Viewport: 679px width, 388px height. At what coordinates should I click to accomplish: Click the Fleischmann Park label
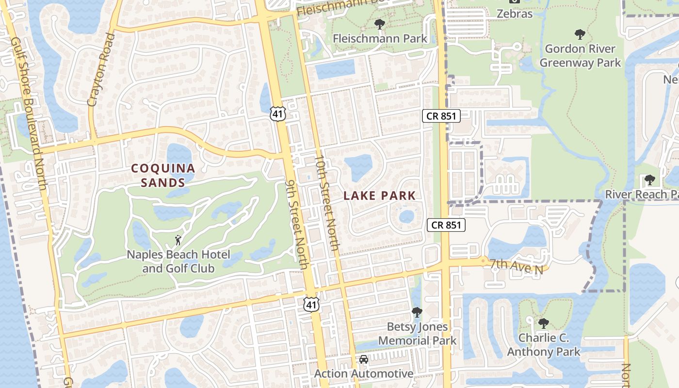[x=380, y=38]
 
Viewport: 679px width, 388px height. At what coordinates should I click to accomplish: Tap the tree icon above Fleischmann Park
[x=380, y=24]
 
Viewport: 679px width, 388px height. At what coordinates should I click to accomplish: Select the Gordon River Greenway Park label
[x=580, y=56]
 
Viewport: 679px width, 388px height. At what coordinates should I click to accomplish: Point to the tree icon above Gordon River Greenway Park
[x=580, y=34]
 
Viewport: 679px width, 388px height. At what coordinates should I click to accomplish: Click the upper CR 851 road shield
[x=441, y=115]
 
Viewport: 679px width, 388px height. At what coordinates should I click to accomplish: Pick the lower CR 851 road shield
[x=446, y=225]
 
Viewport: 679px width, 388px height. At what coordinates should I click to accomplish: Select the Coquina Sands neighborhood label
[x=163, y=176]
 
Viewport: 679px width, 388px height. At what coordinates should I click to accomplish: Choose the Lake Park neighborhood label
[x=380, y=196]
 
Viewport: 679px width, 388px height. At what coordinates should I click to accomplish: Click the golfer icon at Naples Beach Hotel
[x=178, y=240]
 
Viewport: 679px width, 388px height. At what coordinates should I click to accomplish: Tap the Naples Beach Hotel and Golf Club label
[x=178, y=261]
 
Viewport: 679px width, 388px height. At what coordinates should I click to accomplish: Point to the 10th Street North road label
[x=327, y=203]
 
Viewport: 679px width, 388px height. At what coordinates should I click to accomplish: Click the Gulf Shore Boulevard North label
[x=30, y=113]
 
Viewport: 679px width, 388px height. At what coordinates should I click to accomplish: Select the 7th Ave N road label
[x=515, y=266]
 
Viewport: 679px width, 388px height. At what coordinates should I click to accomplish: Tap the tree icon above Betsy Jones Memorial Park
[x=417, y=312]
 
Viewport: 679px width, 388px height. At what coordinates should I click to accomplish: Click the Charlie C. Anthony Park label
[x=544, y=345]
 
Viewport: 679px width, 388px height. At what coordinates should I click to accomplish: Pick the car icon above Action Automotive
[x=363, y=360]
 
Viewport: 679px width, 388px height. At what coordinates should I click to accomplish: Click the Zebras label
[x=515, y=14]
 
